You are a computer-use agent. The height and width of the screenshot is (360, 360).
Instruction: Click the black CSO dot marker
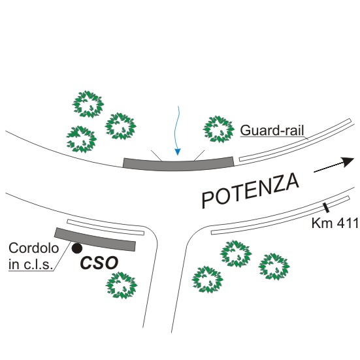click(x=77, y=248)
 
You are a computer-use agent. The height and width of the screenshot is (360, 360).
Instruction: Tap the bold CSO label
click(x=99, y=263)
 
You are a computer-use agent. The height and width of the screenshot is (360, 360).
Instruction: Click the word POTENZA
click(x=250, y=190)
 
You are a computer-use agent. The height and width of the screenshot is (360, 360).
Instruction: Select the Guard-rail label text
click(x=272, y=130)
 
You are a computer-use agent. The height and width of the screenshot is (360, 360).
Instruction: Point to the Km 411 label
click(x=335, y=223)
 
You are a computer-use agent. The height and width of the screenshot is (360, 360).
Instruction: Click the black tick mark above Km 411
click(x=326, y=208)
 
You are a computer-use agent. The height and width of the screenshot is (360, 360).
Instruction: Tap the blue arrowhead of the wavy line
click(x=178, y=152)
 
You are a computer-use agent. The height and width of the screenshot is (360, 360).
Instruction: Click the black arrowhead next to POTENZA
click(x=347, y=162)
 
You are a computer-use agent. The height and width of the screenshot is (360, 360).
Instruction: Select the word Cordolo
click(x=34, y=248)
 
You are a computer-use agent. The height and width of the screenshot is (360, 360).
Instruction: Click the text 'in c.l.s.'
click(x=31, y=264)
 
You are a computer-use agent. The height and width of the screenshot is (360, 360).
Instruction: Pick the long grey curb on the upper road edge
click(x=178, y=164)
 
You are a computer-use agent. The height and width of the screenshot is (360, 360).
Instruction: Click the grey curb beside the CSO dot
click(x=95, y=240)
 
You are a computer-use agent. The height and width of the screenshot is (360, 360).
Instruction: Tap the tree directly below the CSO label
click(x=122, y=285)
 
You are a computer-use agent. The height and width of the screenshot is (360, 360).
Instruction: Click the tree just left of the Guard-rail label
click(x=219, y=129)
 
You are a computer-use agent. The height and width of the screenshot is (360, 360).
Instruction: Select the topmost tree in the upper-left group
click(x=88, y=104)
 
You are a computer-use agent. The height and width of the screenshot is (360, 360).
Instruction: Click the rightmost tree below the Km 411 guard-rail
click(x=274, y=267)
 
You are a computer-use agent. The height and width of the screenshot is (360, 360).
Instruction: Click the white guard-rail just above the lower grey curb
click(x=106, y=227)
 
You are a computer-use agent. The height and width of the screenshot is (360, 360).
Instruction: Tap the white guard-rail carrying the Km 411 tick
click(x=280, y=216)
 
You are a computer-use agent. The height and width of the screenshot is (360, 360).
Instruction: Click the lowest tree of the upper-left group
click(x=81, y=139)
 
